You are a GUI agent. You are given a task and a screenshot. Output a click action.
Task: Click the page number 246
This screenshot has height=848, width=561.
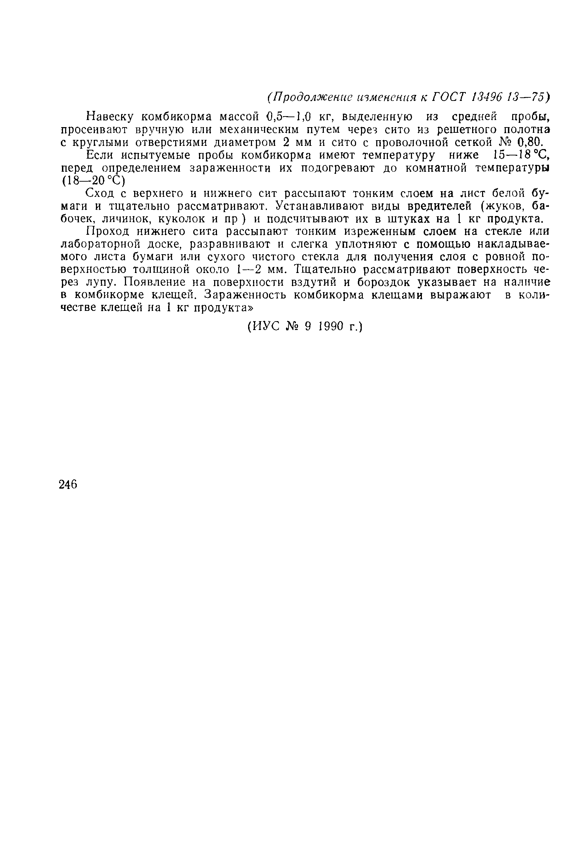(x=68, y=484)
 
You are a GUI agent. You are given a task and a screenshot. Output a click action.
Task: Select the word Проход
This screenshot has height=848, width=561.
(x=109, y=232)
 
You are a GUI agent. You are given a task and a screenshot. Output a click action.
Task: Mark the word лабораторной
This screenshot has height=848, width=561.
(x=102, y=245)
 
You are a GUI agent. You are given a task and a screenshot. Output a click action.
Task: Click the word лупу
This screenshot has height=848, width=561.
(x=101, y=283)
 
